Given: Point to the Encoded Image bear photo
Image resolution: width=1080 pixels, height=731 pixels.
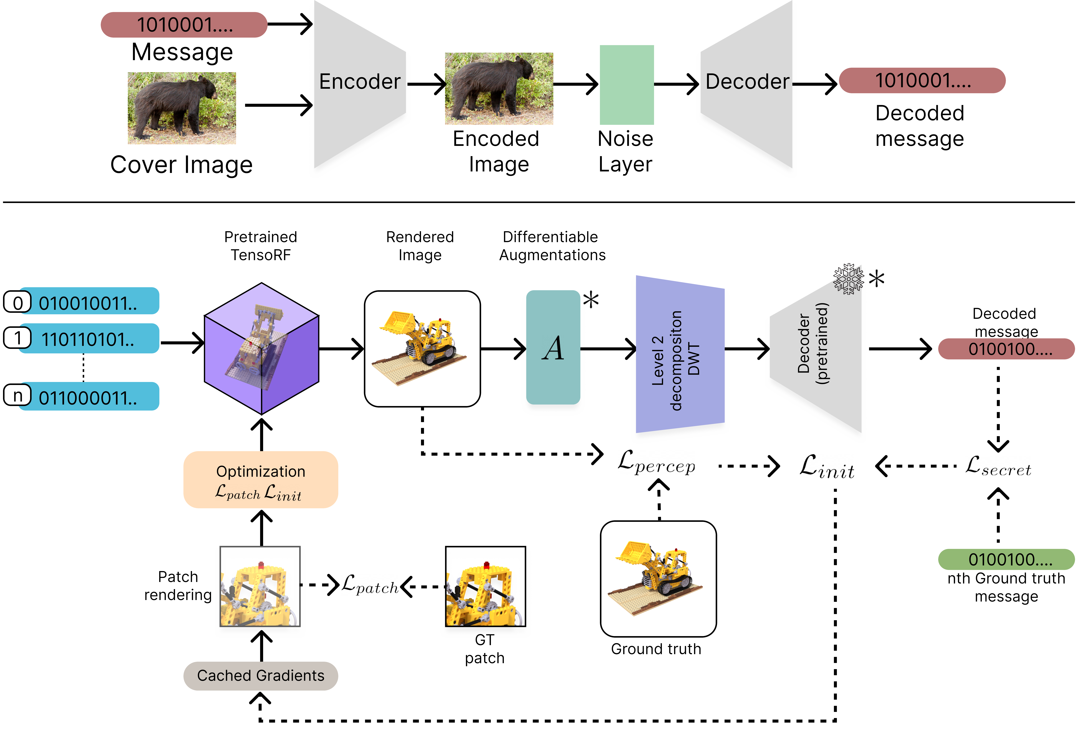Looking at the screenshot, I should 499,88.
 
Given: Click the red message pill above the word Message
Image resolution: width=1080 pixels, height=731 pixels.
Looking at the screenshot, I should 184,25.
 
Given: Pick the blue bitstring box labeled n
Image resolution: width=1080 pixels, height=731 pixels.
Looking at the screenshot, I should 88,396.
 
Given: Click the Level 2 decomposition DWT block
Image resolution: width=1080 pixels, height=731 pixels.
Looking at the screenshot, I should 679,354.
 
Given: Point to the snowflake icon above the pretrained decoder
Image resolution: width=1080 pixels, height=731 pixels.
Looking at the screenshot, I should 848,279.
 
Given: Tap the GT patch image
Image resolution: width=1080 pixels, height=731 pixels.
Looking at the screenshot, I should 485,586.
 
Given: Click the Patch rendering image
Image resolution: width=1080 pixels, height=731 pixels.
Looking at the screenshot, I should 260,586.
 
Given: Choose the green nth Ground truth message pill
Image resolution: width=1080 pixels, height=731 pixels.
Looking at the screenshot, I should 1006,559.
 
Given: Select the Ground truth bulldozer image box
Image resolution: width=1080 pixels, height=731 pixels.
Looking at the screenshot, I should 658,579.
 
